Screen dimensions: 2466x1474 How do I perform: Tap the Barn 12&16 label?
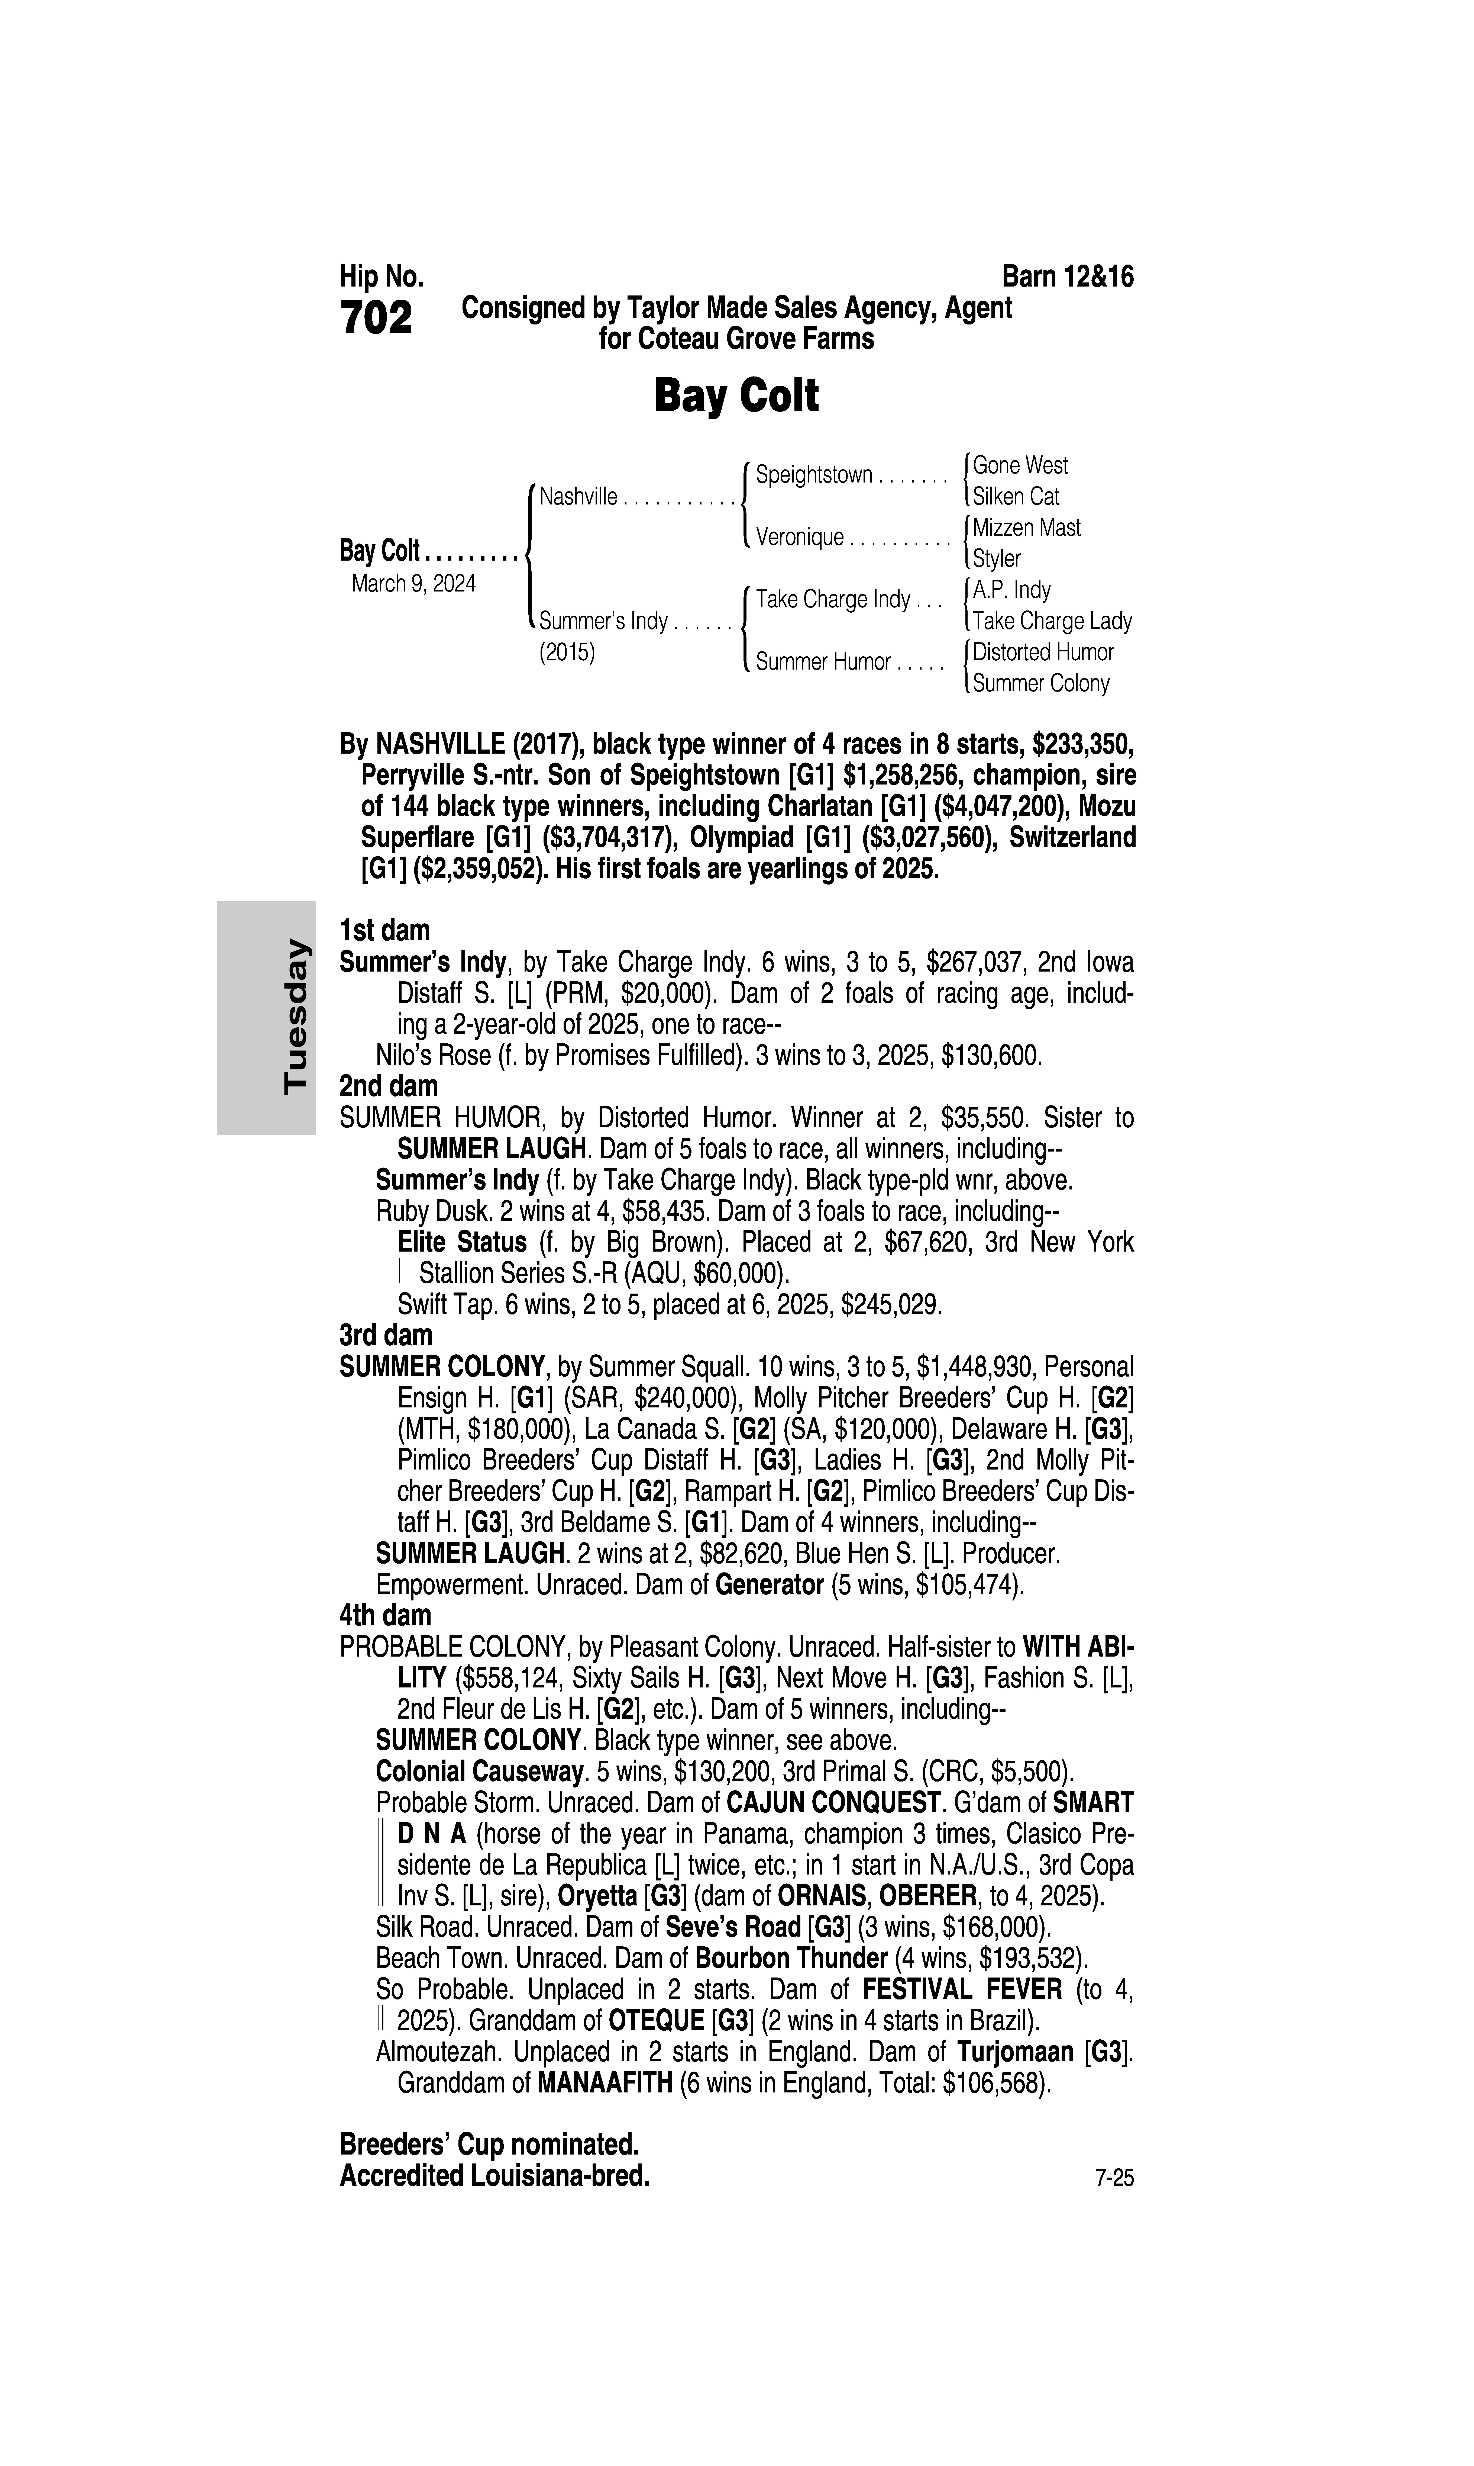(x=1068, y=276)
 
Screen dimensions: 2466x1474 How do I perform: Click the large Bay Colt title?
(x=736, y=396)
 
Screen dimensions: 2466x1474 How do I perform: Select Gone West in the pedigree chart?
(x=1020, y=465)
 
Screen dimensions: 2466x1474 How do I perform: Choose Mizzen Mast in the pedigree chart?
(x=1026, y=528)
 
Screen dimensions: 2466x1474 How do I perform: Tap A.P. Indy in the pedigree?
(x=1011, y=590)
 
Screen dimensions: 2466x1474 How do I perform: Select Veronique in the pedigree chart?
(x=800, y=538)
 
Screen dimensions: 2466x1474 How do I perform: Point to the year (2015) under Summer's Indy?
(x=566, y=653)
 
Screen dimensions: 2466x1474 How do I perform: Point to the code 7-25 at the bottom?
(x=1113, y=2179)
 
